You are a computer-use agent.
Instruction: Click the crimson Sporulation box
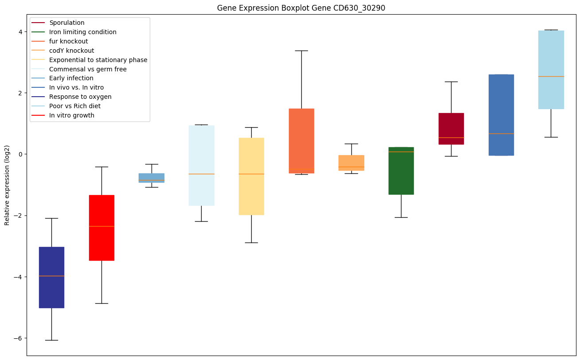(451, 129)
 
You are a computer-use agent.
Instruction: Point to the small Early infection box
(152, 178)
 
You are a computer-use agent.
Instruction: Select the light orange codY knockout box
(351, 163)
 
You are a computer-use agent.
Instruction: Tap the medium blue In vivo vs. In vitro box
(501, 115)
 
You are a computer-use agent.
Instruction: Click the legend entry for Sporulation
(66, 23)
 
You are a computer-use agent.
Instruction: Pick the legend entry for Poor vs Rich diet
(75, 106)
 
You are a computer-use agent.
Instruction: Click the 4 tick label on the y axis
(20, 31)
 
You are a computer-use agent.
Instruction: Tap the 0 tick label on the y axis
(20, 154)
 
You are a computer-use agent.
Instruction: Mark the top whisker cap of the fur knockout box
(301, 51)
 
